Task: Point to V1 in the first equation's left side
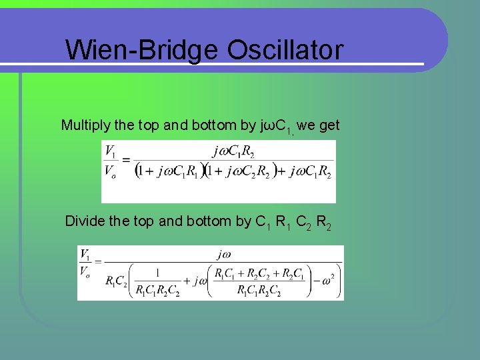point(111,151)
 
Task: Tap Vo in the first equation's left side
point(111,171)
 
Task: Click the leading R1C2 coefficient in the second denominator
point(117,281)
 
